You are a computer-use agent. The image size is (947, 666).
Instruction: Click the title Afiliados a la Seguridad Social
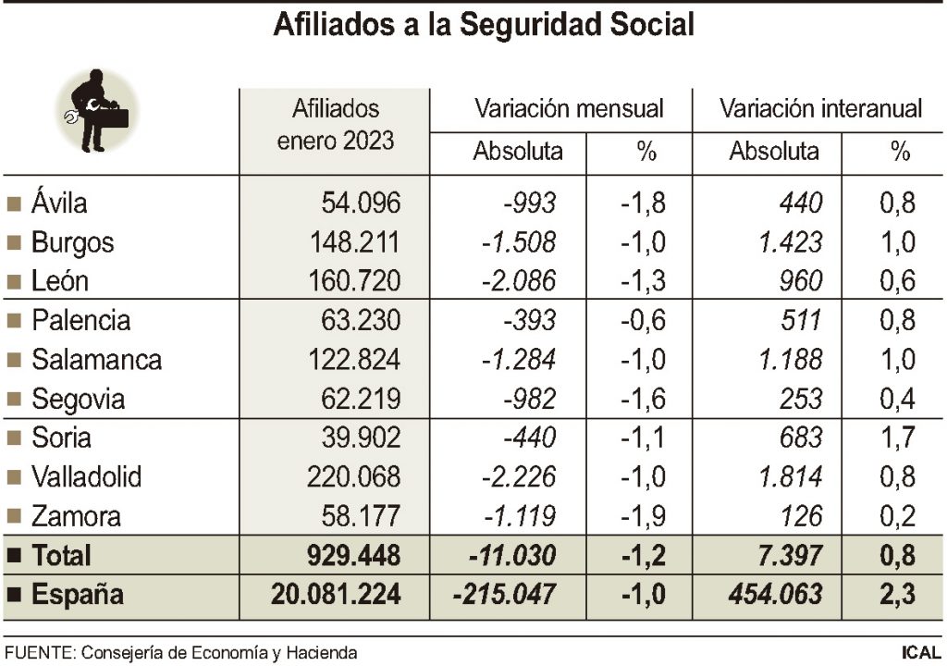pyautogui.click(x=483, y=25)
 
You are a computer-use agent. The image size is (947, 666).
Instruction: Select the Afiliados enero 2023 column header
pyautogui.click(x=336, y=125)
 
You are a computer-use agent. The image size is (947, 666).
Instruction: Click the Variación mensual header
pyautogui.click(x=569, y=108)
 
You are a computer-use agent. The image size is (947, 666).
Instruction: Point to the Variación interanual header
pyautogui.click(x=820, y=108)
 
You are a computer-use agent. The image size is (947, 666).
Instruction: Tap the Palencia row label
pyautogui.click(x=80, y=321)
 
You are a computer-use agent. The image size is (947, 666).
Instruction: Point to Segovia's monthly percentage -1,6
pyautogui.click(x=642, y=400)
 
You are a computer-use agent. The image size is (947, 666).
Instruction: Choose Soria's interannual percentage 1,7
pyautogui.click(x=896, y=438)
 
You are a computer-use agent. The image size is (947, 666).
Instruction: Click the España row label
pyautogui.click(x=77, y=595)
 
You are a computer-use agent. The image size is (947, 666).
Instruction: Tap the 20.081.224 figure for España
pyautogui.click(x=336, y=595)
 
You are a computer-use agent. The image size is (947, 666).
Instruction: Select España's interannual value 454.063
pyautogui.click(x=775, y=595)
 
